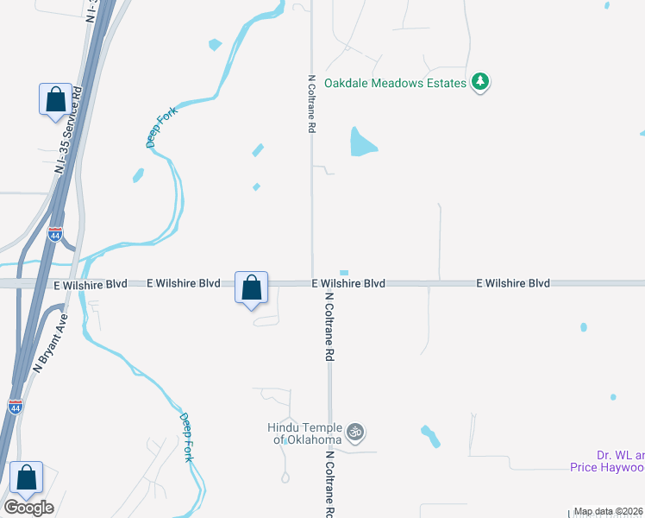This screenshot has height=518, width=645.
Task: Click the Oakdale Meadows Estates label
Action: (x=395, y=84)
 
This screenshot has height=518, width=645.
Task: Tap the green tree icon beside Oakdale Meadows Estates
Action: (x=480, y=83)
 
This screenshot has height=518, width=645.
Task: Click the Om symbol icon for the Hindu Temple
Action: (x=354, y=432)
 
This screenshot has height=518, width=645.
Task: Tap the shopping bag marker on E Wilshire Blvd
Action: (x=251, y=287)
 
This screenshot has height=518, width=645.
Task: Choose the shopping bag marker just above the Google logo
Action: (x=27, y=477)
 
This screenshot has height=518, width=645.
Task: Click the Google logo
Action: (x=28, y=508)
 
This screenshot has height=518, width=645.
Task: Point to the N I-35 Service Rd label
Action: (x=67, y=129)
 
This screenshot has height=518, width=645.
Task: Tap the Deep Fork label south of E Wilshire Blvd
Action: (x=186, y=437)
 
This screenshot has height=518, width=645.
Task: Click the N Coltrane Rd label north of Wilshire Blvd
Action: (x=311, y=103)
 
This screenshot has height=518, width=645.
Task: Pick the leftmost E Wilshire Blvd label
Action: (x=91, y=283)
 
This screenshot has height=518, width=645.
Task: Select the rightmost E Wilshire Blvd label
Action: (x=513, y=283)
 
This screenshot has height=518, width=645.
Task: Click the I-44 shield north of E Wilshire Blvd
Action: (x=55, y=235)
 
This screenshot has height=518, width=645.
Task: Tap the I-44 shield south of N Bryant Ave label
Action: (x=16, y=406)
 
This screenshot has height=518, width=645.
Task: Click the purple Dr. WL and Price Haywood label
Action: (x=607, y=462)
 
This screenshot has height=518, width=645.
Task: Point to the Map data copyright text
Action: (x=609, y=512)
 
